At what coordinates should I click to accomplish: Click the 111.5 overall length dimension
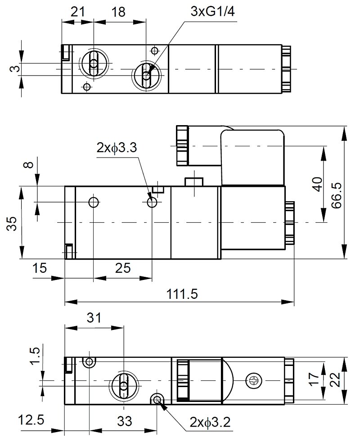point(182,294)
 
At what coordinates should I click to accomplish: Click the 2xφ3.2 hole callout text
point(210,422)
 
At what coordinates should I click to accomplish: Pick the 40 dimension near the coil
point(318,185)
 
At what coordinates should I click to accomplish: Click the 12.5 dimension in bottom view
point(31,420)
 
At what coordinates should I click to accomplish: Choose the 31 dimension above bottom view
point(94,318)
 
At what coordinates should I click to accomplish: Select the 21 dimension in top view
point(77,12)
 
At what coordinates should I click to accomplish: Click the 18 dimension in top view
point(118,12)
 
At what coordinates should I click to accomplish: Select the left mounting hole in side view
point(93,202)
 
